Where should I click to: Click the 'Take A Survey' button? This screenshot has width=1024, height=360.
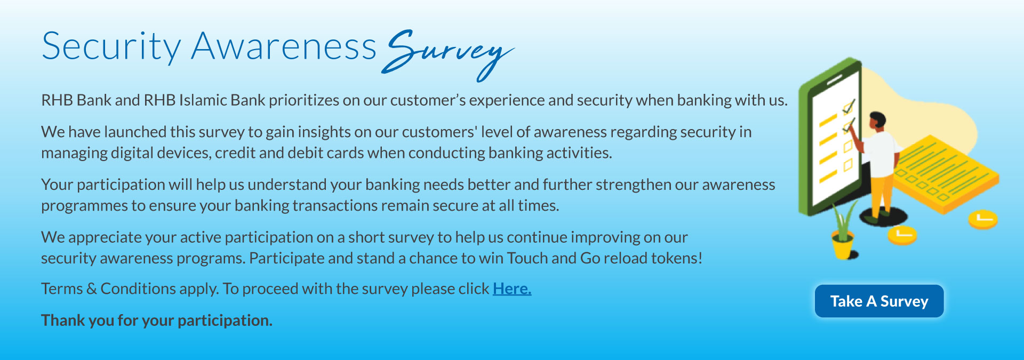[879, 301]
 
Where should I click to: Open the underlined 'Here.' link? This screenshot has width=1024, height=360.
[512, 289]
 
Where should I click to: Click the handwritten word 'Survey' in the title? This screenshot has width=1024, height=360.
[448, 54]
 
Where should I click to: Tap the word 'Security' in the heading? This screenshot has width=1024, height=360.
[111, 47]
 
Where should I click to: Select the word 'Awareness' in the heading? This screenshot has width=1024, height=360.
[284, 46]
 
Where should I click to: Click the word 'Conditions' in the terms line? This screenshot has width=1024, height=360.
[138, 289]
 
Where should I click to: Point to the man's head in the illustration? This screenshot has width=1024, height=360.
[876, 121]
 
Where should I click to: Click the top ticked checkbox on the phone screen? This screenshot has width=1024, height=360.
[847, 107]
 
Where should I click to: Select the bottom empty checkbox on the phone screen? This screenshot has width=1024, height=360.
[848, 165]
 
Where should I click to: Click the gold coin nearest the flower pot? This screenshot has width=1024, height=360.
[902, 235]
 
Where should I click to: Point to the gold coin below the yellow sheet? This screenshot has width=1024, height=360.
[983, 219]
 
